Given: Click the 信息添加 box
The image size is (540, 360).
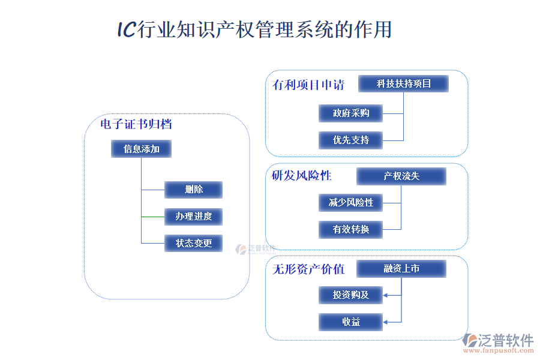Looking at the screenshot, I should tap(141, 149).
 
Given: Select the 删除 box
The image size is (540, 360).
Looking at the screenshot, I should tap(193, 190).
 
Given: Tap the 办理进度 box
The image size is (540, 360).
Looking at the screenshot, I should tap(193, 216).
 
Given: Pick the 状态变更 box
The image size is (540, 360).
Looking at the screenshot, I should tap(193, 243).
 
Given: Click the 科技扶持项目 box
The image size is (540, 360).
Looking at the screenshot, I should tap(403, 83).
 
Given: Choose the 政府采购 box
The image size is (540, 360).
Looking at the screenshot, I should tap(351, 113).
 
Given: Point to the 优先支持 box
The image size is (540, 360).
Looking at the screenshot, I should tap(351, 140).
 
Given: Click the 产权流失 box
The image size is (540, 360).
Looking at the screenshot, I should tap(401, 176).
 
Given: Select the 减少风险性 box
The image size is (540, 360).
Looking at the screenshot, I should tap(351, 202).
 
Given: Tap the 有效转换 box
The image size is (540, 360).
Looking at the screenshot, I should tap(351, 229).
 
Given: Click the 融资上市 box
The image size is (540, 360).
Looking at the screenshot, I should tap(401, 268).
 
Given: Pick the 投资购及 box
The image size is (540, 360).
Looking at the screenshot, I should tap(351, 295).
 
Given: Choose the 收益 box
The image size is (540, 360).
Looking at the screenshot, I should tap(351, 322).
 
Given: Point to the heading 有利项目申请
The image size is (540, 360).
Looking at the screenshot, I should tap(308, 85).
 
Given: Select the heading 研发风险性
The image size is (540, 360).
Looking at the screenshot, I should tap(301, 176).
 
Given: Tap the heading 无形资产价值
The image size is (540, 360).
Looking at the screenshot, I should tap(308, 269).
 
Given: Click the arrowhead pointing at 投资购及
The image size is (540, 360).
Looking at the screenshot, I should tap(386, 295).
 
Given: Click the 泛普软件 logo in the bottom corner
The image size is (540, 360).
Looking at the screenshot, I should tap(497, 342).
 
